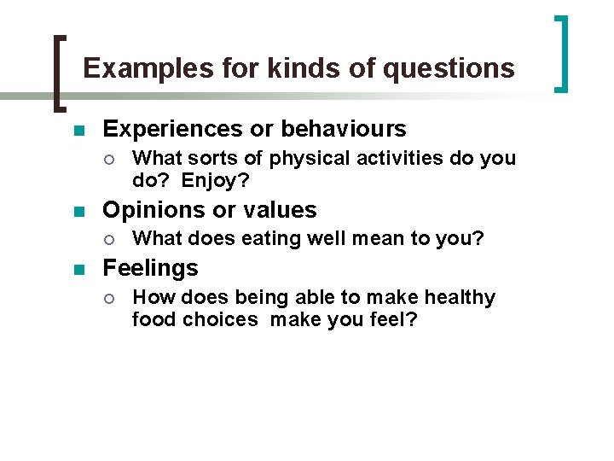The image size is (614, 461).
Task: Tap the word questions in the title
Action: [x=449, y=68]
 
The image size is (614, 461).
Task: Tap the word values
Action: [x=283, y=210]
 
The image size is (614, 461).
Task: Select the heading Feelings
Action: [x=150, y=268]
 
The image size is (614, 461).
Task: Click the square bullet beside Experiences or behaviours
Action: [x=79, y=131]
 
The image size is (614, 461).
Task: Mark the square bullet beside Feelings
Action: [x=79, y=270]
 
